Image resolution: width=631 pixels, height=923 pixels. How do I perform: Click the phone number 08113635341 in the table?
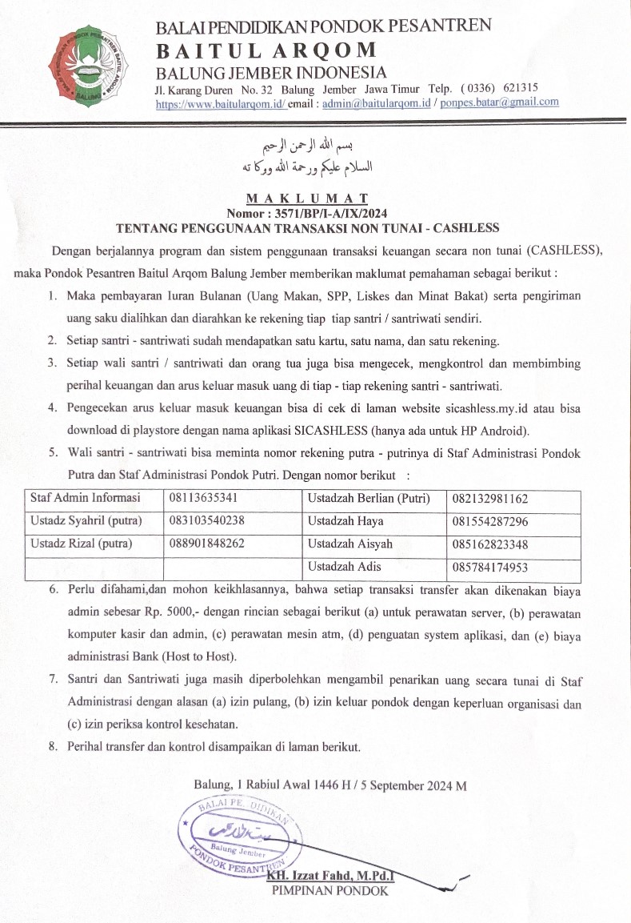[x=203, y=498]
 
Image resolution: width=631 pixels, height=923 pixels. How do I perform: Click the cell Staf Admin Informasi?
[x=85, y=498]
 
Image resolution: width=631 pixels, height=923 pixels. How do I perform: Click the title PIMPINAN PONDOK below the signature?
[x=329, y=890]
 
